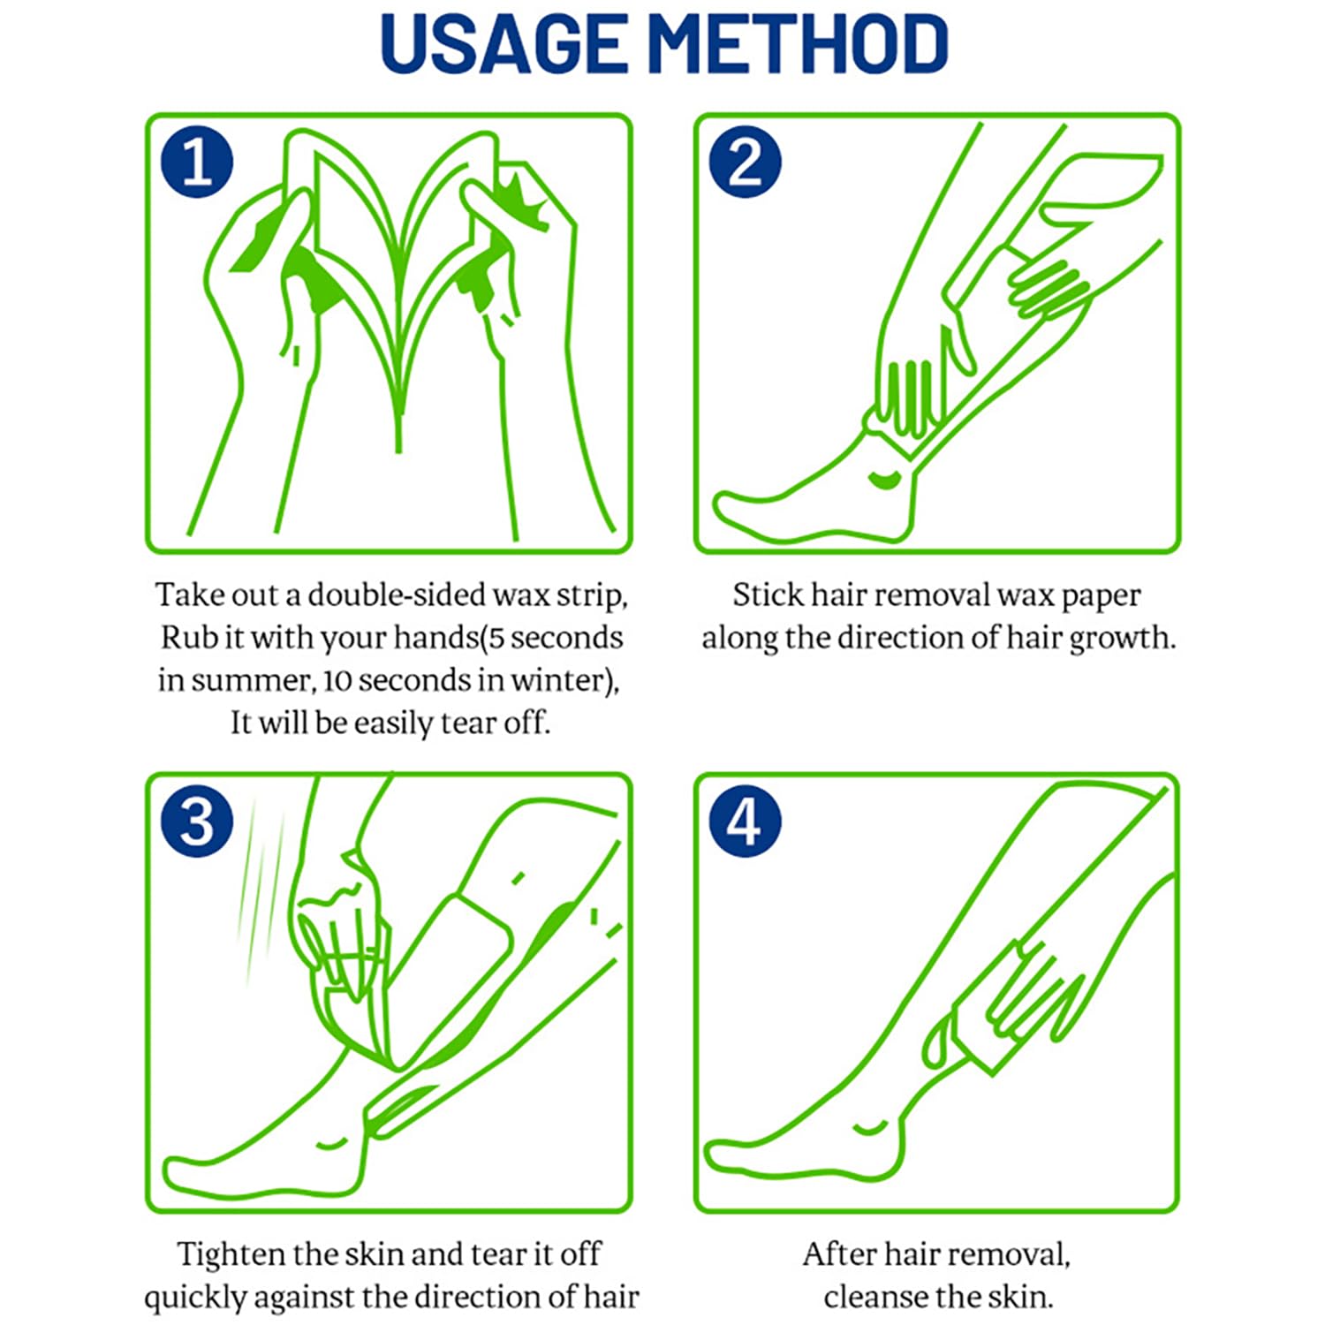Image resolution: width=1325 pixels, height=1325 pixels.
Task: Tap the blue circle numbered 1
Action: click(197, 163)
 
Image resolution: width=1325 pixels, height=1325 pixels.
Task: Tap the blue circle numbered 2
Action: click(746, 163)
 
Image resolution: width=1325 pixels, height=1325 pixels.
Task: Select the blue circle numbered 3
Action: click(197, 821)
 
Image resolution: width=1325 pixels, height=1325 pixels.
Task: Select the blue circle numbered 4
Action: click(746, 821)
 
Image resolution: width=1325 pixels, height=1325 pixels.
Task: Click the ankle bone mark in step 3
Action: click(331, 1144)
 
